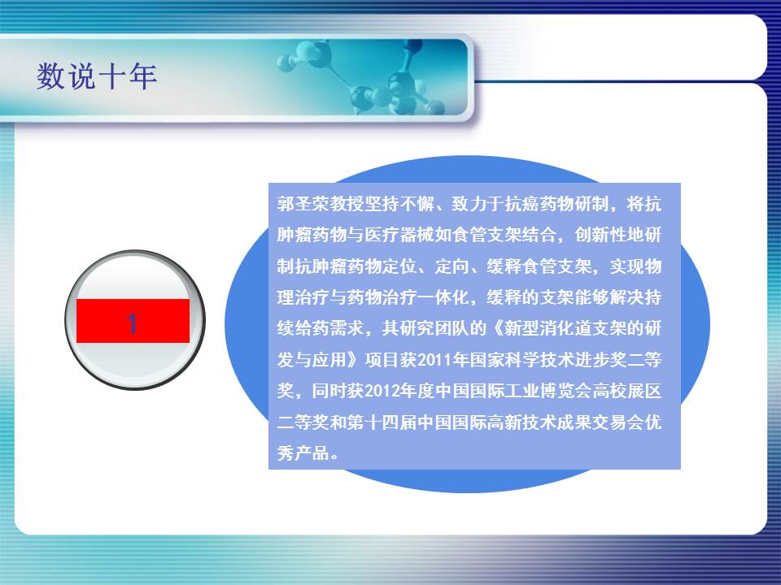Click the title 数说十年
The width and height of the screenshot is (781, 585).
97,76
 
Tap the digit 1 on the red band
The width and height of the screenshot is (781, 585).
132,323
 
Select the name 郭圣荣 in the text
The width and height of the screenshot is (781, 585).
303,204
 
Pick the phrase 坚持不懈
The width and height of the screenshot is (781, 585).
400,204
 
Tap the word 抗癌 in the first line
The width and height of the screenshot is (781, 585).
522,204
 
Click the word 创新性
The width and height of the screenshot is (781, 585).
600,235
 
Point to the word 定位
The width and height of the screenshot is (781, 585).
399,266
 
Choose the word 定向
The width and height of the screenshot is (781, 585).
452,266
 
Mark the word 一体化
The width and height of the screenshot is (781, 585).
444,297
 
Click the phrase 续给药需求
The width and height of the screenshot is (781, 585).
321,328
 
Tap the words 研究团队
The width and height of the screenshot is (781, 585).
434,328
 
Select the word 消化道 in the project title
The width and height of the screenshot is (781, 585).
566,328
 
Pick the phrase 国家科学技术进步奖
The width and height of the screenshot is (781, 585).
548,360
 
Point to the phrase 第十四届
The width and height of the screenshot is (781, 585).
382,422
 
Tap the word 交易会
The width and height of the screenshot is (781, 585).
618,422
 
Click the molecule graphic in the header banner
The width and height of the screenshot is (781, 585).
369,77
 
